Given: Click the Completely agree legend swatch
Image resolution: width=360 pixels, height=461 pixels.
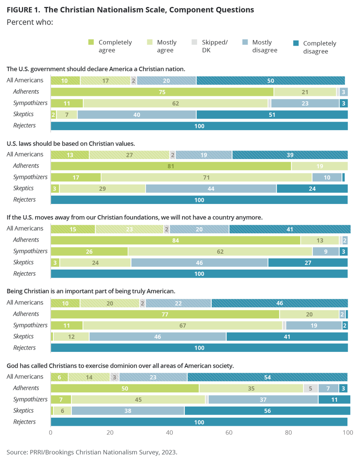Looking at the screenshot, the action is pyautogui.click(x=91, y=42).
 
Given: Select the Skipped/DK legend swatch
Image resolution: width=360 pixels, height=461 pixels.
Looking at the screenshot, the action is pyautogui.click(x=194, y=42).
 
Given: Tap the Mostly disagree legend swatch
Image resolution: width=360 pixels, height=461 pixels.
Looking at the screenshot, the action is pyautogui.click(x=245, y=42).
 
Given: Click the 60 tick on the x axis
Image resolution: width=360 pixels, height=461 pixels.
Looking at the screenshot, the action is pyautogui.click(x=229, y=433).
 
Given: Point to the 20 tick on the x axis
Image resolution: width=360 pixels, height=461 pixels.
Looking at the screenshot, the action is pyautogui.click(x=110, y=433).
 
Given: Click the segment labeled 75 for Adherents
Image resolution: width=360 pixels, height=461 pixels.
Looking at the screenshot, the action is pyautogui.click(x=162, y=92).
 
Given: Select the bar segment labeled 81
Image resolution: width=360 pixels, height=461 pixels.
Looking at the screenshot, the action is pyautogui.click(x=171, y=166).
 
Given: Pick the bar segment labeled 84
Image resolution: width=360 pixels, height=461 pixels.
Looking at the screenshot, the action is pyautogui.click(x=176, y=240).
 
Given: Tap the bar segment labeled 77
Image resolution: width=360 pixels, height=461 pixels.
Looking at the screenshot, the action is pyautogui.click(x=165, y=314).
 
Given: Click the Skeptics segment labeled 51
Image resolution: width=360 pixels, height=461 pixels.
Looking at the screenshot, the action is pyautogui.click(x=272, y=114).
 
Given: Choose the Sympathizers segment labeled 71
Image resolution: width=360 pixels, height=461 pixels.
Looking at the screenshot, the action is pyautogui.click(x=207, y=177).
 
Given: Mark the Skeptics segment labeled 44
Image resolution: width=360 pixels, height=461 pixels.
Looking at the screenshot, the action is pyautogui.click(x=211, y=188).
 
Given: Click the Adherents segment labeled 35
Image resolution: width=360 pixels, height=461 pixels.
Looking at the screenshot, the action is pyautogui.click(x=251, y=388).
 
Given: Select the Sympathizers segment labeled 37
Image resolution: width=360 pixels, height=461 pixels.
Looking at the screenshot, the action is pyautogui.click(x=263, y=400).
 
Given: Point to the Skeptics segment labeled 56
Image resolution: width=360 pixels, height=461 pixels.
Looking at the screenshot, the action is pyautogui.click(x=267, y=411).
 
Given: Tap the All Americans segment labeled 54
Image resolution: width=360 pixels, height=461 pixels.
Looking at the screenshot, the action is pyautogui.click(x=267, y=377).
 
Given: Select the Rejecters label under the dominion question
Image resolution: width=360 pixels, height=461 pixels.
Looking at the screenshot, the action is pyautogui.click(x=24, y=422).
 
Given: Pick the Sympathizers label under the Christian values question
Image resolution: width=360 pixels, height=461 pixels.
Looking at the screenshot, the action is pyautogui.click(x=30, y=177).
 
